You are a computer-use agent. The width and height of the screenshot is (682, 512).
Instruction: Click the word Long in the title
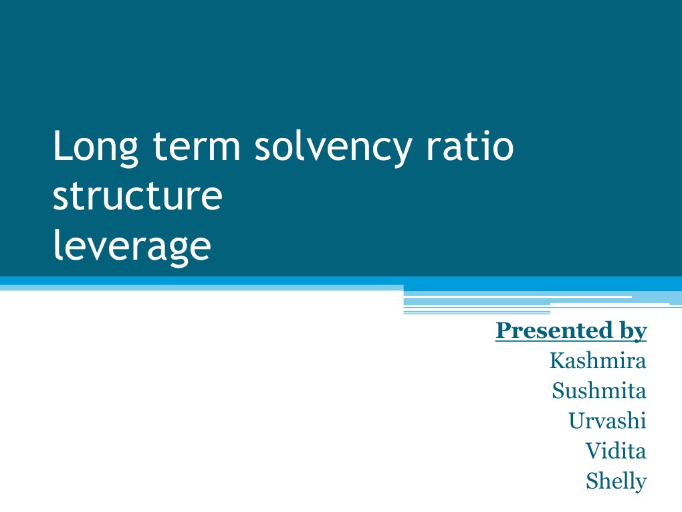point(95,149)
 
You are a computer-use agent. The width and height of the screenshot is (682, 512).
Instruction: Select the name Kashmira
point(598,361)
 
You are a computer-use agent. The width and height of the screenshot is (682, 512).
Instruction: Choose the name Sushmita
point(599,391)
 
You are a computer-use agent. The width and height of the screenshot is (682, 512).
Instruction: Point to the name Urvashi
point(607,421)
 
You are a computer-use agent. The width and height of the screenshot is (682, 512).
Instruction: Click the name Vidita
point(616,451)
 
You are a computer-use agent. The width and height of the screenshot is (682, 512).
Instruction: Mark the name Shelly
point(616,481)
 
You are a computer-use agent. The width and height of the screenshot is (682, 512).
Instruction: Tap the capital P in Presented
point(502,330)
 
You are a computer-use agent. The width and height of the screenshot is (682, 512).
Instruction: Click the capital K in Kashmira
point(556,361)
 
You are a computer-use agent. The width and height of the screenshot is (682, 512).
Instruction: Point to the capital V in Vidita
point(592,451)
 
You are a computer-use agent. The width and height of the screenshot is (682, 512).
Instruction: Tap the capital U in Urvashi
point(576,421)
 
